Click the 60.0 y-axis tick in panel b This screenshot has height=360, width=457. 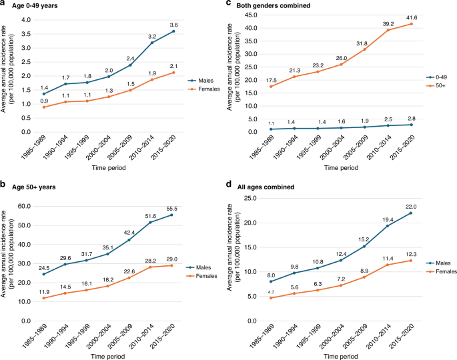coord(25,206)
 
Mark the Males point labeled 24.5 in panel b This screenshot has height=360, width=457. coord(45,274)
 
